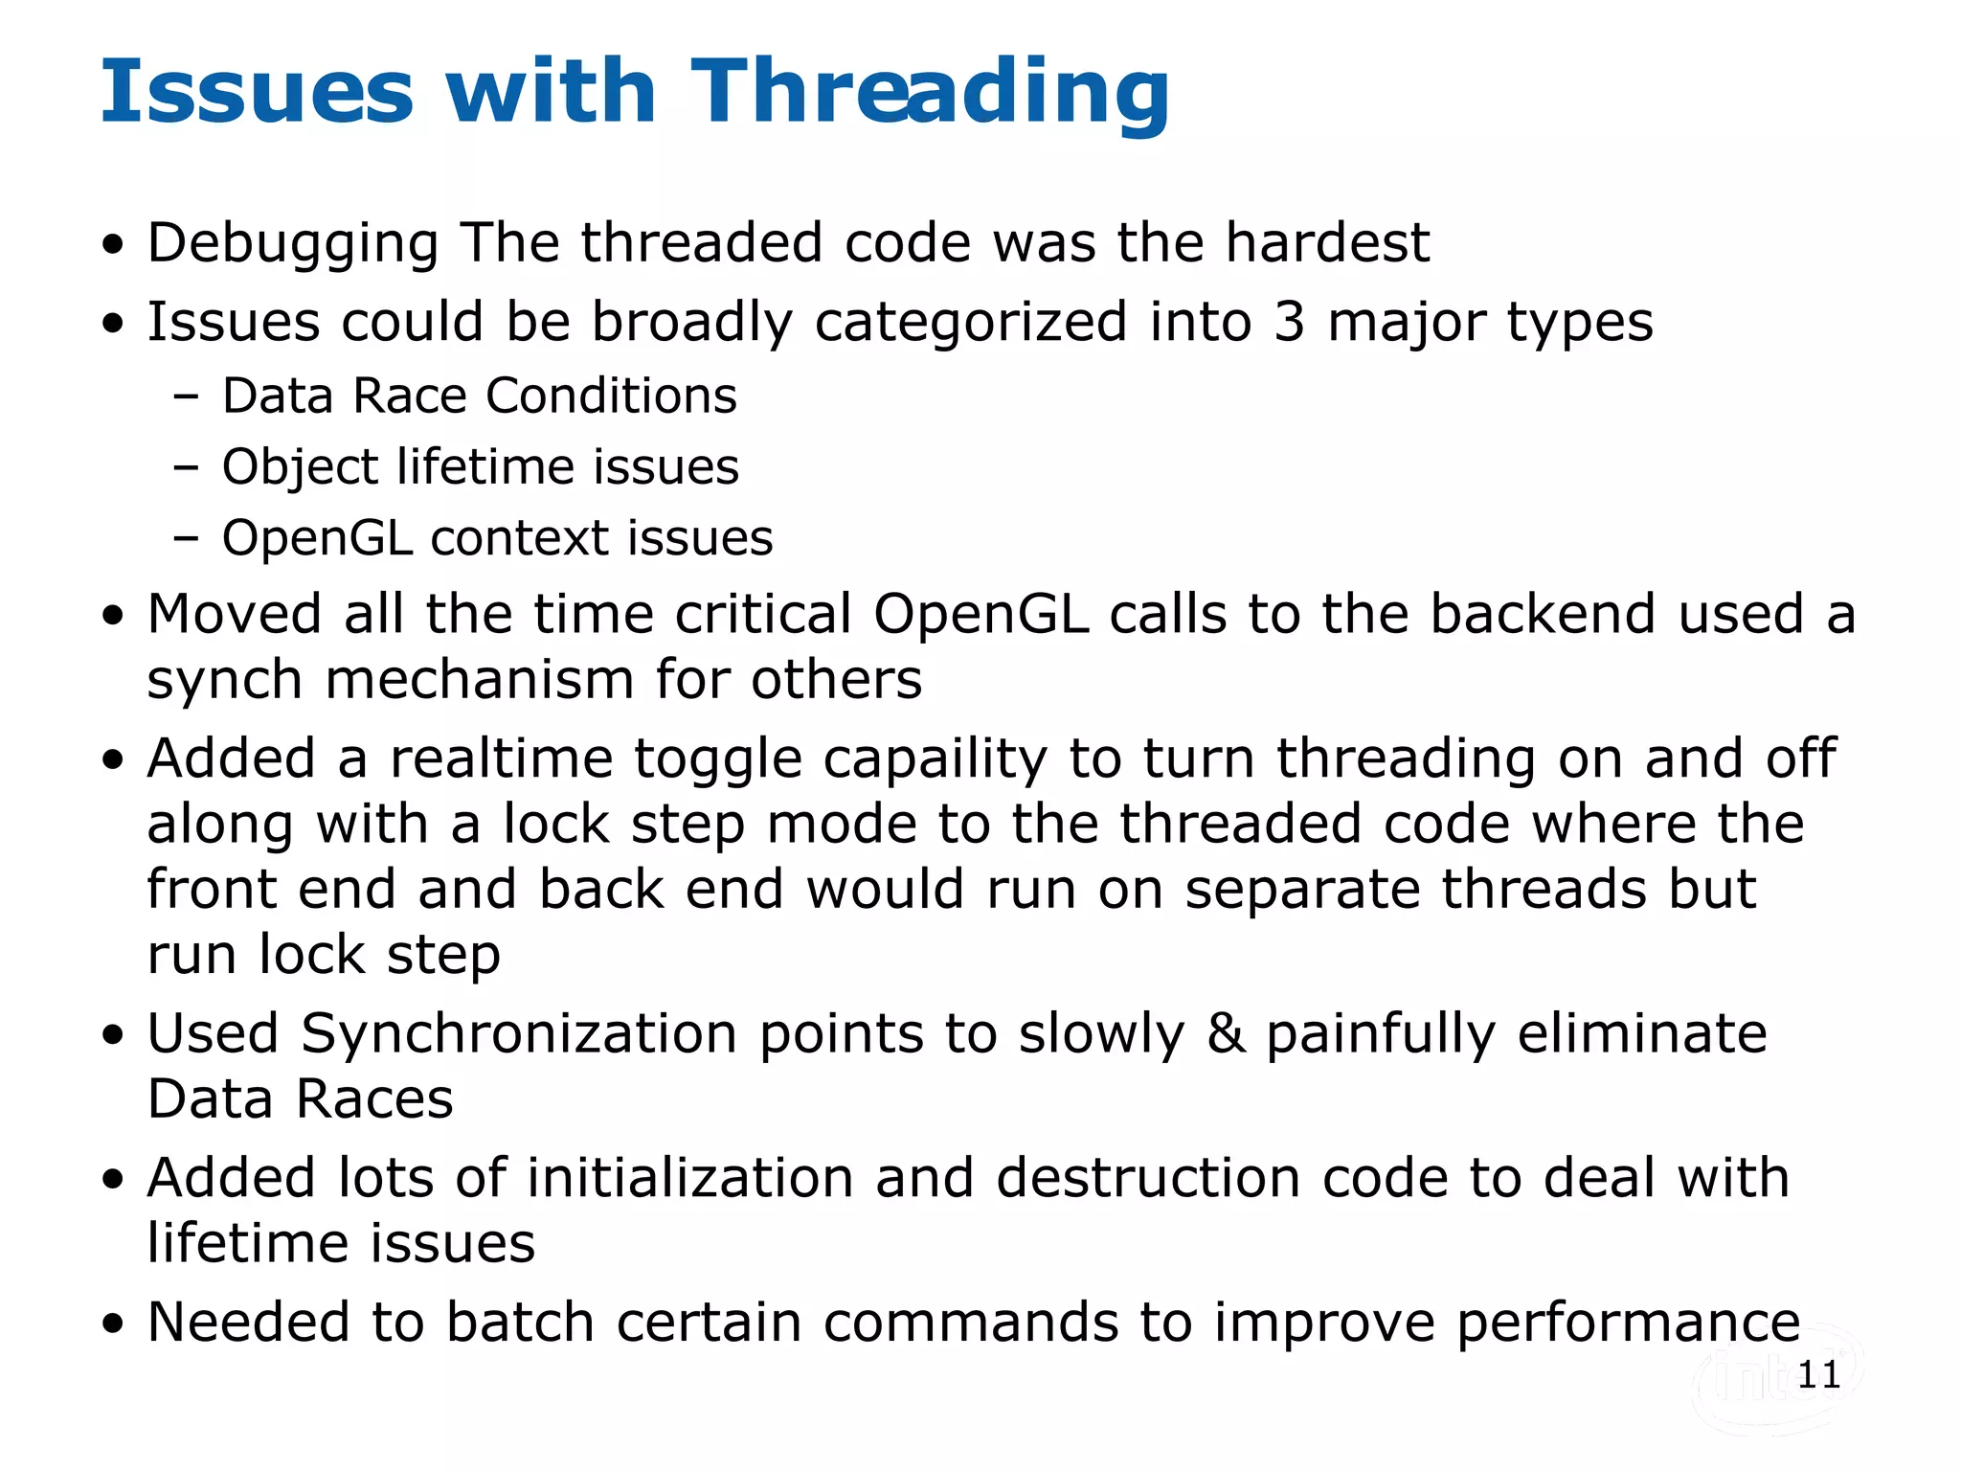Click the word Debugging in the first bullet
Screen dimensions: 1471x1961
293,242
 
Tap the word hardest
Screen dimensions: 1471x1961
1328,242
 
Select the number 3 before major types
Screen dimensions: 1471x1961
1289,322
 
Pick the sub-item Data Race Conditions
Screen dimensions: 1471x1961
479,396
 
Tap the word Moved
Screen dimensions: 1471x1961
235,614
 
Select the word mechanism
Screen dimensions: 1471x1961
480,680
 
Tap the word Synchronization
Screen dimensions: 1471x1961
519,1034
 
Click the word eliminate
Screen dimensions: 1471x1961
1642,1034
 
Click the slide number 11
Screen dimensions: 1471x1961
1818,1375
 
